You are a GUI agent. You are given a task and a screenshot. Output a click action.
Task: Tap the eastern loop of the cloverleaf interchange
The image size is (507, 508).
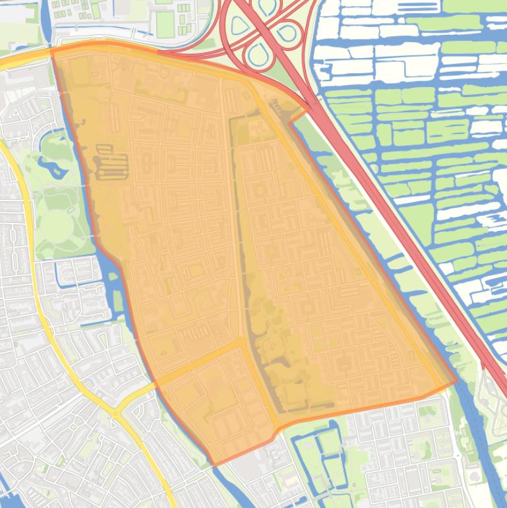tap(287, 32)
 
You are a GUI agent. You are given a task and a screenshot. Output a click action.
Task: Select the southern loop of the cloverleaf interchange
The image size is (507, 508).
tap(258, 55)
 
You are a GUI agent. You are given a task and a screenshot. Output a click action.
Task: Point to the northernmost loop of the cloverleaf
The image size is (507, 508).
tap(267, 7)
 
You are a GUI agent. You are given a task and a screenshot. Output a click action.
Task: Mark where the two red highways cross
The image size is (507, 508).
tap(263, 30)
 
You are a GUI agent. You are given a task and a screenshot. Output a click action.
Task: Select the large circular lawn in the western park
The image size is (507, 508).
tap(57, 224)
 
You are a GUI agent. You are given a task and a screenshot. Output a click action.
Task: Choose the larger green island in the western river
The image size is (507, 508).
tap(117, 301)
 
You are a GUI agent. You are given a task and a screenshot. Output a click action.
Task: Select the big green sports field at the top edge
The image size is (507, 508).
tap(165, 24)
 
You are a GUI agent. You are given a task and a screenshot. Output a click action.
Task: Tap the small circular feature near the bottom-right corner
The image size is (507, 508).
tap(475, 473)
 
